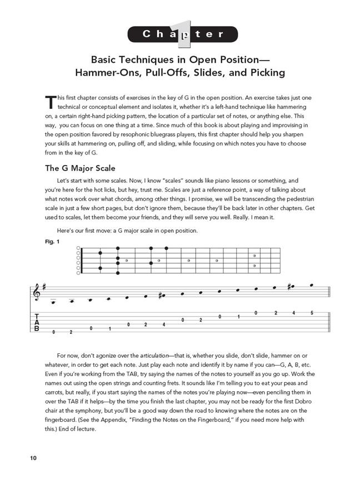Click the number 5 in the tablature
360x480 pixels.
(312, 313)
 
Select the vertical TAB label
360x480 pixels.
(37, 323)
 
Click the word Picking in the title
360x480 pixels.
(262, 72)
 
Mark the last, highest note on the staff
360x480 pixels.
(312, 285)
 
